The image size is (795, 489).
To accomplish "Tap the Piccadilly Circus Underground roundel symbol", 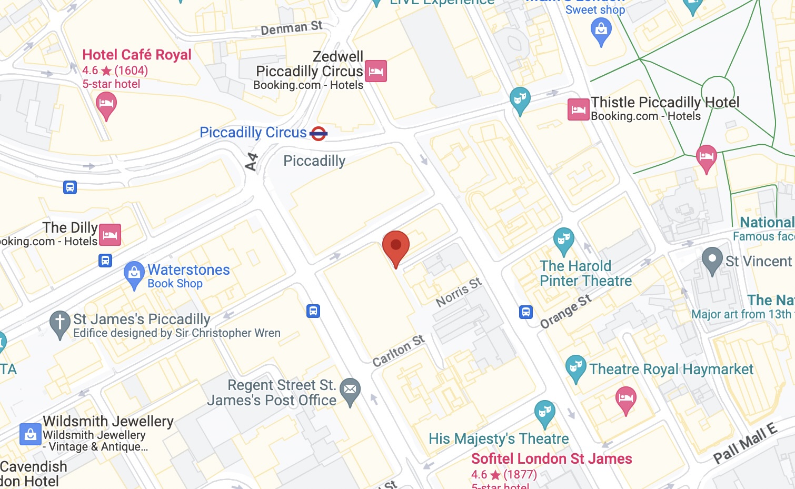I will [x=319, y=134].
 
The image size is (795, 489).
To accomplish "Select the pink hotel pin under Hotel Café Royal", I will [x=106, y=103].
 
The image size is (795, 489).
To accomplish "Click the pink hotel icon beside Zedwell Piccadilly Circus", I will [x=376, y=71].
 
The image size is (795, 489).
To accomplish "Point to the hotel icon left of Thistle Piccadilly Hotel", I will [x=578, y=109].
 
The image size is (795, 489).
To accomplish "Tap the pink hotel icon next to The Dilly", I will [x=110, y=235].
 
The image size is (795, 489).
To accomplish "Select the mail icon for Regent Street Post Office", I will [x=350, y=390].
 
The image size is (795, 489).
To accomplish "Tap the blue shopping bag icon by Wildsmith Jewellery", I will [x=31, y=434].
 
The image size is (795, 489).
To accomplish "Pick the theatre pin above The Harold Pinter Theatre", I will [x=563, y=239].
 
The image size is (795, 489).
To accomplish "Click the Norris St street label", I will [x=459, y=293].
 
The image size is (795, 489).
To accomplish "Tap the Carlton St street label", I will [x=398, y=351].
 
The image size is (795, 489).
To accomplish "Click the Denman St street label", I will [x=292, y=27].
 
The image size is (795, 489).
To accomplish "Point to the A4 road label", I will [x=252, y=162].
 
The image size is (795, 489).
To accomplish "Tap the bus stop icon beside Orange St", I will [x=526, y=312].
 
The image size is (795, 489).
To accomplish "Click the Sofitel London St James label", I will [x=551, y=458].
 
